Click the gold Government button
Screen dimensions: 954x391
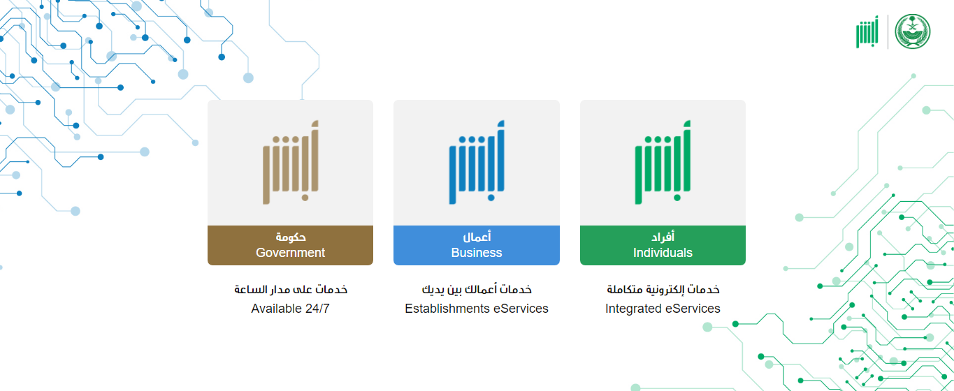tap(290, 245)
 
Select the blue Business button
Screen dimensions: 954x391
tap(476, 245)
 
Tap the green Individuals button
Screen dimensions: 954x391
tap(663, 245)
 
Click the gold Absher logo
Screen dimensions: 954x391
tap(291, 162)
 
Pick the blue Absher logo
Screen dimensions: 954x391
tap(477, 162)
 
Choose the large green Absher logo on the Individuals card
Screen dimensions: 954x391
tap(663, 162)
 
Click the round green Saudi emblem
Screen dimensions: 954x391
tap(912, 31)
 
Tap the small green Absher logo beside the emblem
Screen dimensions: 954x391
tap(867, 32)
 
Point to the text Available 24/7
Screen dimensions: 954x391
tap(290, 309)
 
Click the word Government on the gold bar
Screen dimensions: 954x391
tap(290, 253)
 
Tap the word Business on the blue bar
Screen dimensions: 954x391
tap(477, 253)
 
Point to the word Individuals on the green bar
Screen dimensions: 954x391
tap(663, 253)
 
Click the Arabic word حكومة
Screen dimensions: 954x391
tap(291, 237)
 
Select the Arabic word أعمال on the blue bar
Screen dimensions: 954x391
tap(477, 237)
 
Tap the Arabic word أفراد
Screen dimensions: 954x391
tap(663, 237)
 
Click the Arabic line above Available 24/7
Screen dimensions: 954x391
tap(291, 289)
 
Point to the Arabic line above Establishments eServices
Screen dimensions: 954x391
tap(477, 289)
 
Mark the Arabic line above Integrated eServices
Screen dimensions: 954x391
tap(663, 289)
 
